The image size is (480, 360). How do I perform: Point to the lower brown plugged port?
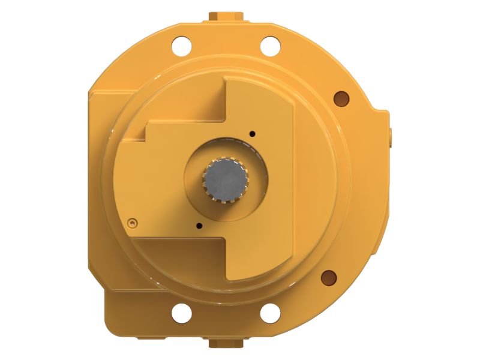(328, 277)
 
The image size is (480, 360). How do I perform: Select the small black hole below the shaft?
(199, 226)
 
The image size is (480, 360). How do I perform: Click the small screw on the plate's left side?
(132, 223)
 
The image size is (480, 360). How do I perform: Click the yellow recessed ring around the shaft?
(252, 198)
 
